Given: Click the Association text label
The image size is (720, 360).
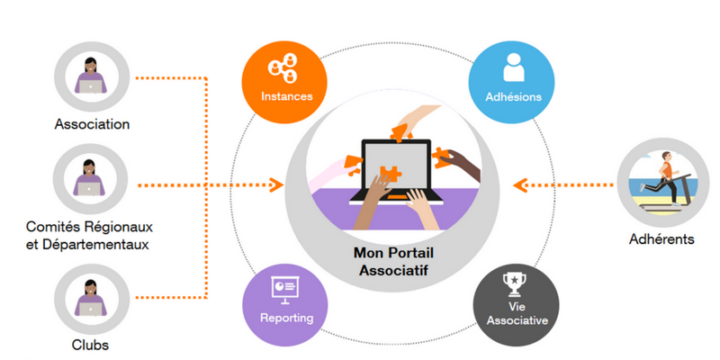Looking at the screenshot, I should (x=92, y=124).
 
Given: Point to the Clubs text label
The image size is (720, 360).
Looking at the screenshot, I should (x=90, y=343).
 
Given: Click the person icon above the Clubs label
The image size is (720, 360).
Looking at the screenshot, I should (x=91, y=297).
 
